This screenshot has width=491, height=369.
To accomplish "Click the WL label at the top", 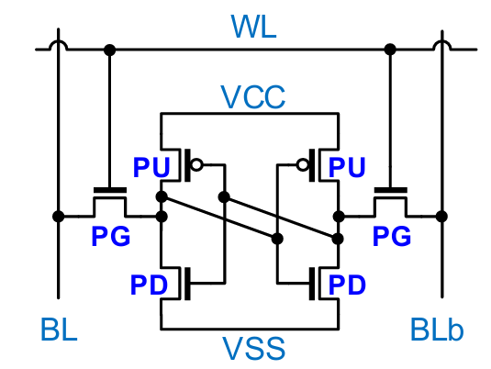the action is [x=253, y=27].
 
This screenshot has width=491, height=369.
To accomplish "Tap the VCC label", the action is [x=253, y=97].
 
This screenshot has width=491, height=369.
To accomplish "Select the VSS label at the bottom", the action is [x=253, y=348].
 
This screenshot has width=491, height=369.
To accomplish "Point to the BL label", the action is [x=59, y=330].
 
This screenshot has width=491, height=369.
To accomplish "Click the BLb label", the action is [x=437, y=330].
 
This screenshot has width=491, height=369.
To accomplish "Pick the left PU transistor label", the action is [x=151, y=168].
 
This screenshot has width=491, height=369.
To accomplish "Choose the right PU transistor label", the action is [x=347, y=168].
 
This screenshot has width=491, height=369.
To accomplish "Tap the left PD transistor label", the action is [x=149, y=285].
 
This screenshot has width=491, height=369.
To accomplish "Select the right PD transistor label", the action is [x=347, y=285].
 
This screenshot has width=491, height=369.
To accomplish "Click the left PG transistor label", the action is [x=111, y=236].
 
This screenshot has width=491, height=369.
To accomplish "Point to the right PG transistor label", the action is [x=392, y=236].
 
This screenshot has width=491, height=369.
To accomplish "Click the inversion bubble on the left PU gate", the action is [x=196, y=164].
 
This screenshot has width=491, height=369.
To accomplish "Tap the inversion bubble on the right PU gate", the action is [x=303, y=164].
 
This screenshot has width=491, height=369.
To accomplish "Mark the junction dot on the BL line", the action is [x=58, y=216].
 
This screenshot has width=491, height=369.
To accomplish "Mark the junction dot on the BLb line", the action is [x=441, y=216].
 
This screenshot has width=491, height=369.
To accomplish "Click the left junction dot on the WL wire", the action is [x=109, y=50].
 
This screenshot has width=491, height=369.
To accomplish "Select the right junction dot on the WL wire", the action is [x=390, y=50].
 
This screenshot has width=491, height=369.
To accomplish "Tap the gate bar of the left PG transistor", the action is [x=110, y=190].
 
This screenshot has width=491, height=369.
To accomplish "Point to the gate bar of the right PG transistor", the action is [x=390, y=190].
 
